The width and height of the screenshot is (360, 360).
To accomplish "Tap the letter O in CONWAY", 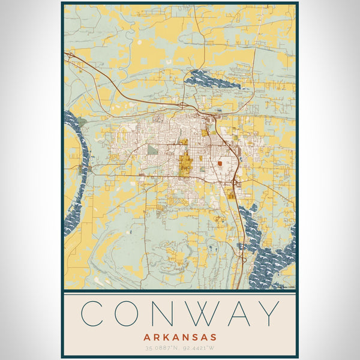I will (x=130, y=314).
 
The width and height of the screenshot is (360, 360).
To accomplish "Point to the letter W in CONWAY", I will (x=205, y=314).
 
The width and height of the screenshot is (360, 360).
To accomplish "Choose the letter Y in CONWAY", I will (x=268, y=314).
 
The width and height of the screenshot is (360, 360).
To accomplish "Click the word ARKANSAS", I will (x=180, y=337).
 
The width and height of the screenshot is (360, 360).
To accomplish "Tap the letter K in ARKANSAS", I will (x=164, y=337).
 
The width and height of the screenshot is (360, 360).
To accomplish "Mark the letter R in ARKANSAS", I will (x=155, y=337).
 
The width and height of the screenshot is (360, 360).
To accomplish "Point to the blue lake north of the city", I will (x=203, y=79).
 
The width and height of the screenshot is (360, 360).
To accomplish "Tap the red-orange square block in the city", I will (x=221, y=163).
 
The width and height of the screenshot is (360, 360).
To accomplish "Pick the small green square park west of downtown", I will (x=152, y=149).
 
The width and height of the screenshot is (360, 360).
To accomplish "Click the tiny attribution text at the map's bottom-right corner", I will (x=284, y=287).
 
